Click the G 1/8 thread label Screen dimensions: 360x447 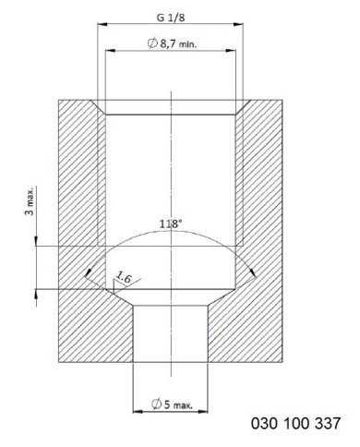coord(171,18)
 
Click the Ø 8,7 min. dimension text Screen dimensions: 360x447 coord(172,43)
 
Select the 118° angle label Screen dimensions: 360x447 coord(171,223)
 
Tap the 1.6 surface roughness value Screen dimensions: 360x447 coord(124,278)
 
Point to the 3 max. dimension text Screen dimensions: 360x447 coord(30,200)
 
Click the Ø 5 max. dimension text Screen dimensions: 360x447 coord(173,404)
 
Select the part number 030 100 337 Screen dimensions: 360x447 coord(295,423)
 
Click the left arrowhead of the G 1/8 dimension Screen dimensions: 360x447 coord(102,24)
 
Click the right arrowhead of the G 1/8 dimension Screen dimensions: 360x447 coord(238,24)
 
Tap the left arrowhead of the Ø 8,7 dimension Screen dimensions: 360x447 coord(111,50)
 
